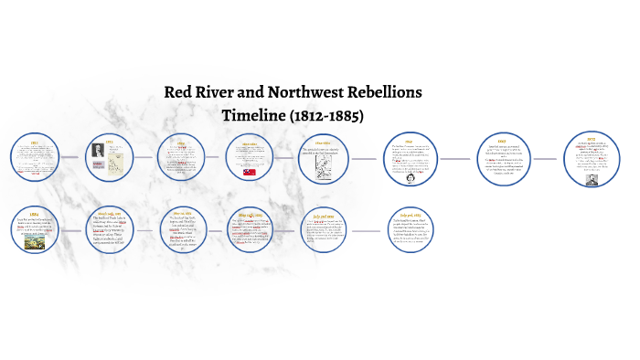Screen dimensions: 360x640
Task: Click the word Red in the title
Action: [x=178, y=93]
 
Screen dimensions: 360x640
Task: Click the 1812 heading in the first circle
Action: [x=34, y=143]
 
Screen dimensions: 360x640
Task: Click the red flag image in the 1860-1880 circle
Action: [x=250, y=171]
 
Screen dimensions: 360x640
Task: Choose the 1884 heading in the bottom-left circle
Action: [x=34, y=213]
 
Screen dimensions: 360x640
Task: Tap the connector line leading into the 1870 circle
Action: [x=545, y=158]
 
